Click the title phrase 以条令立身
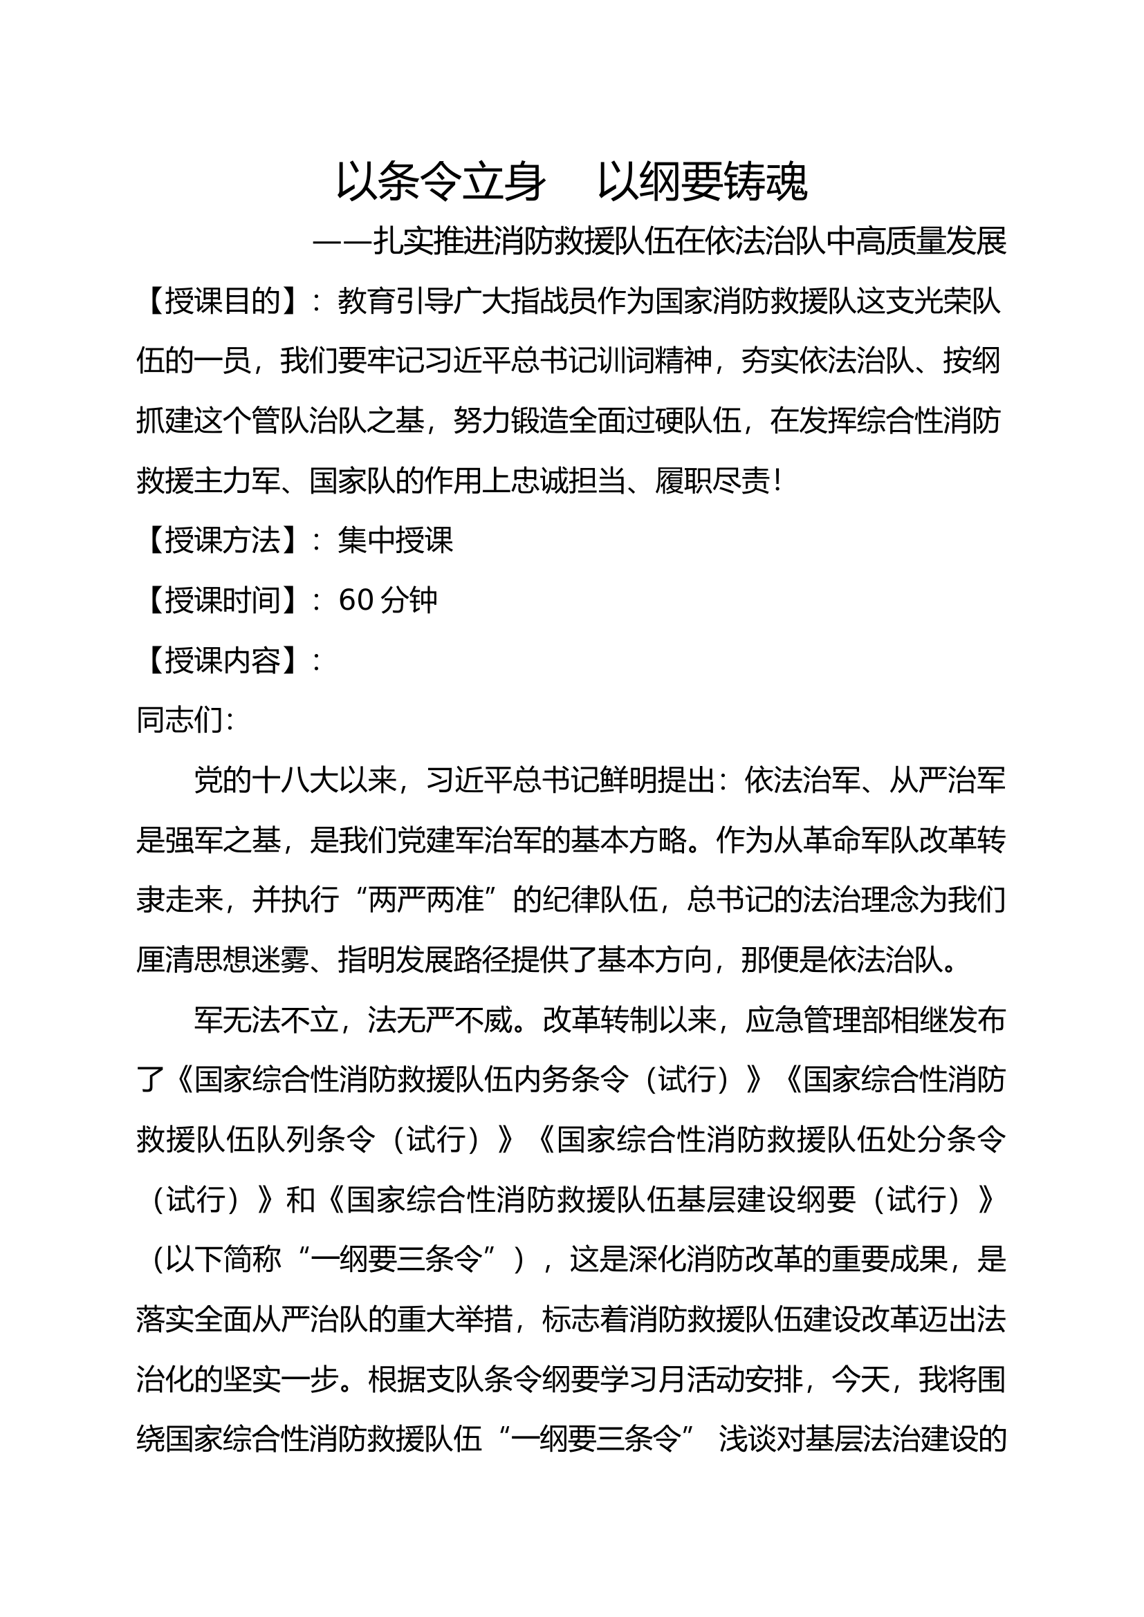tap(441, 183)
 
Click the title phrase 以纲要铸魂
tap(701, 183)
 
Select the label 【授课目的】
tap(223, 302)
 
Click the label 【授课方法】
tap(223, 541)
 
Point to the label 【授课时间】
tap(223, 601)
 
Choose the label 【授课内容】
tap(223, 661)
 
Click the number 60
tap(356, 601)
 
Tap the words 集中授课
tap(395, 541)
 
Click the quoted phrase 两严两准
tap(426, 900)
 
